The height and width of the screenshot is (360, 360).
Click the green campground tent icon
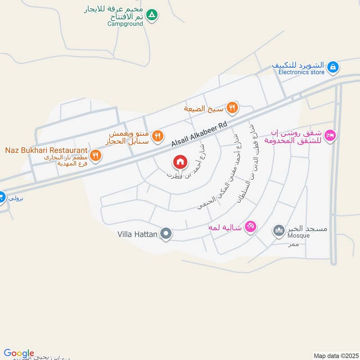tap(153, 15)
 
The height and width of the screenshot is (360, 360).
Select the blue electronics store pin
tap(333, 67)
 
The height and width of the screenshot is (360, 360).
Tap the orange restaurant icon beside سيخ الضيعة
tap(232, 107)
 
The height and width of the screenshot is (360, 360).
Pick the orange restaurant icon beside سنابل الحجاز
tap(157, 135)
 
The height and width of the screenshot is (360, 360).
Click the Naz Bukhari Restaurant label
tap(46, 149)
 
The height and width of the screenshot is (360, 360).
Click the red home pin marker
tap(180, 162)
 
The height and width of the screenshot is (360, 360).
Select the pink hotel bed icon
tap(330, 135)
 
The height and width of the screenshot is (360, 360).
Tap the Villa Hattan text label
tap(137, 234)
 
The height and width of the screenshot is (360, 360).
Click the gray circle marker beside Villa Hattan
tap(166, 234)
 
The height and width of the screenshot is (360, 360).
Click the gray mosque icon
tap(279, 231)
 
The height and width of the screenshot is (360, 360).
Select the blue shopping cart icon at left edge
tap(1, 197)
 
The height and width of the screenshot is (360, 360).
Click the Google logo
tap(19, 353)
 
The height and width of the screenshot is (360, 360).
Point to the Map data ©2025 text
tap(335, 355)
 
